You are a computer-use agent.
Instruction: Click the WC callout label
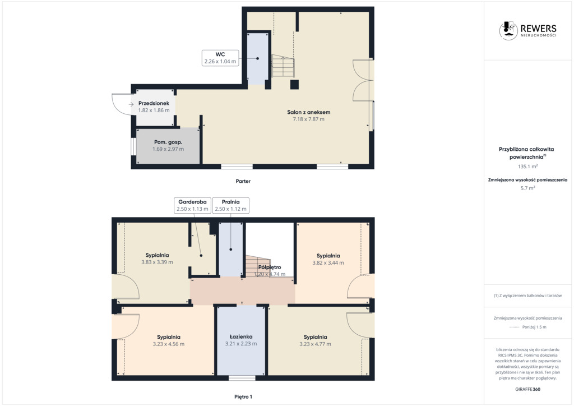click(x=220, y=58)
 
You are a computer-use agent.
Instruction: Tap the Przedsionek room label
click(x=154, y=103)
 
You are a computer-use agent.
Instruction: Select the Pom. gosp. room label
click(x=168, y=142)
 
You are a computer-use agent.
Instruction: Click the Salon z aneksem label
click(x=309, y=112)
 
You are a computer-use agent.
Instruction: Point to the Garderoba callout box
click(x=193, y=205)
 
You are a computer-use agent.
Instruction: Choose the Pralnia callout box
click(x=230, y=205)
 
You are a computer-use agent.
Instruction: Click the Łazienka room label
click(x=241, y=337)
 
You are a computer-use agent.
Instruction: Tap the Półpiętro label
click(x=270, y=267)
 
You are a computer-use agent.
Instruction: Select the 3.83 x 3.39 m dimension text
click(x=157, y=262)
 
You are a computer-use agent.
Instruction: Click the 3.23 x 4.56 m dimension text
click(x=168, y=344)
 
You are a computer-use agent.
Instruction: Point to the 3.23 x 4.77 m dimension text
click(x=315, y=344)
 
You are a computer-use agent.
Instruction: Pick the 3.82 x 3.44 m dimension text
click(x=328, y=263)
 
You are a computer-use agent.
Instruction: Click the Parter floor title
click(x=243, y=181)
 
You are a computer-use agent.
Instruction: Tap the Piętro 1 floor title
click(x=243, y=396)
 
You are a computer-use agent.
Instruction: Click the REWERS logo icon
click(x=508, y=30)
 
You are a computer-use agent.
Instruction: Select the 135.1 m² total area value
click(x=527, y=166)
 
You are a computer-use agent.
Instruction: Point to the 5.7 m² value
click(x=527, y=188)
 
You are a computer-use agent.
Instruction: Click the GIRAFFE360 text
click(x=527, y=389)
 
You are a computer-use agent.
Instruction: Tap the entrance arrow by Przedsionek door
click(x=131, y=104)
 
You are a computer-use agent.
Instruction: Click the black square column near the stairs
click(x=294, y=84)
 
